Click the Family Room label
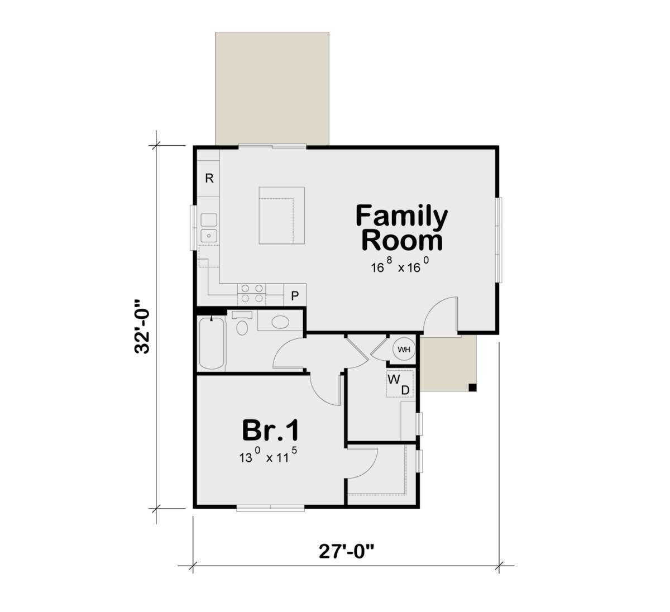click(x=402, y=228)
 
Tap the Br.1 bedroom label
click(x=270, y=431)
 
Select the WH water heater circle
click(x=404, y=350)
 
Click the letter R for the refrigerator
click(x=209, y=178)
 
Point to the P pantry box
click(x=295, y=295)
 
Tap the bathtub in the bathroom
click(x=212, y=343)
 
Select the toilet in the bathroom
click(x=242, y=323)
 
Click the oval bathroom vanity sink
click(x=280, y=322)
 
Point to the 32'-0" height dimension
click(x=142, y=326)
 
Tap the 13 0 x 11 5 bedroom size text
click(x=268, y=455)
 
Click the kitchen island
click(x=282, y=216)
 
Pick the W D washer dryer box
click(x=400, y=384)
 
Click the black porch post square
click(x=472, y=388)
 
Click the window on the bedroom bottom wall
click(x=271, y=509)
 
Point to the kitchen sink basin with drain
click(x=209, y=236)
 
